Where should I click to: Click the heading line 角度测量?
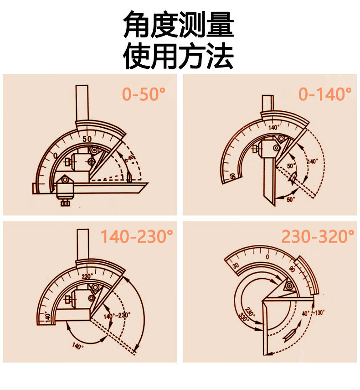tap(179, 26)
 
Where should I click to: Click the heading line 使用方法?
tap(179, 56)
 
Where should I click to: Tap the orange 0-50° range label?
tap(144, 94)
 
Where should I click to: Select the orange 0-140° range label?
tap(325, 94)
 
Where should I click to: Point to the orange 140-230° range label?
tap(137, 237)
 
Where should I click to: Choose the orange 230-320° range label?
tap(318, 237)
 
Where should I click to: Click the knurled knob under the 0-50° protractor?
tap(65, 201)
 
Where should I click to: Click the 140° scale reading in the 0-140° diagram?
tap(274, 127)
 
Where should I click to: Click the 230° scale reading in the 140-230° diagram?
tap(87, 276)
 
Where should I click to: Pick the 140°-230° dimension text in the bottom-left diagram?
tap(117, 315)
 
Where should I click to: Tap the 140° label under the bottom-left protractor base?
tap(78, 346)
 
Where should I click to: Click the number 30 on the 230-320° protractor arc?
tap(236, 265)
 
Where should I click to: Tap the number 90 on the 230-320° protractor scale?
tap(292, 269)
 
